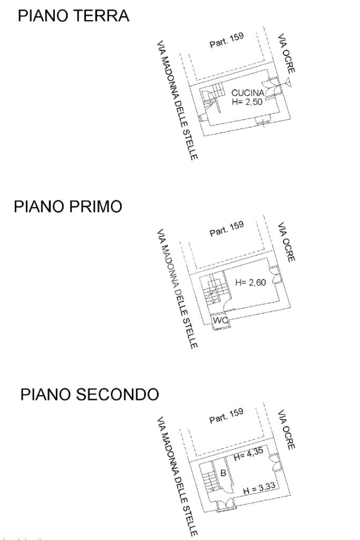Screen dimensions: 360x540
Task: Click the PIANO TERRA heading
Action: coord(73,16)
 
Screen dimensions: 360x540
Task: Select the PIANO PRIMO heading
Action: coord(68,207)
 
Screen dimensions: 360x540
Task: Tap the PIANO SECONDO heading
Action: coord(89,394)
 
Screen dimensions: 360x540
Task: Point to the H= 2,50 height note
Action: coord(247,102)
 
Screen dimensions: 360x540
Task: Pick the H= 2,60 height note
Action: coord(250,283)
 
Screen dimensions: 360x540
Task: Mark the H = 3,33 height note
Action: coord(260,491)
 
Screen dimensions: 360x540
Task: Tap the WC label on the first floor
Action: coord(219,320)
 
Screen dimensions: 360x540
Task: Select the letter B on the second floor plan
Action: coord(223,473)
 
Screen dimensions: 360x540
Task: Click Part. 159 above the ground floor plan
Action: coord(227,42)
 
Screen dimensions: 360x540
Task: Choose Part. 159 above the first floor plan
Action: coord(227,229)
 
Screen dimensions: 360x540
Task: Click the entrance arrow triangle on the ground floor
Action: coord(287,81)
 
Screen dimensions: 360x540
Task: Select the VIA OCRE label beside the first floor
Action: coord(286,242)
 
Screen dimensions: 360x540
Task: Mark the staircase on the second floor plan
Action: coord(210,477)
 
